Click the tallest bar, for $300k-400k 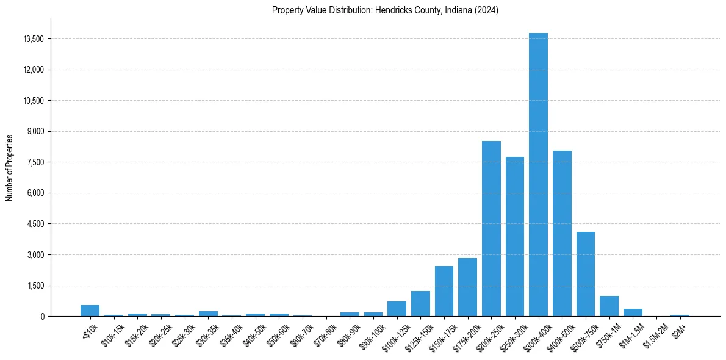click(538, 175)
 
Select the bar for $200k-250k click(491, 229)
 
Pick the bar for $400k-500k click(562, 234)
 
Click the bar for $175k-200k click(467, 287)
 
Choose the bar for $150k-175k click(444, 291)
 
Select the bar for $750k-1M click(609, 306)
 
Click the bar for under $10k click(90, 311)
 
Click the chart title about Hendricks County click(385, 10)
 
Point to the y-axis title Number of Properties click(10, 167)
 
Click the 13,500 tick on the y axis click(33, 39)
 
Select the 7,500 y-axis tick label click(35, 162)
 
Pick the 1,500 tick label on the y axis click(35, 286)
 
